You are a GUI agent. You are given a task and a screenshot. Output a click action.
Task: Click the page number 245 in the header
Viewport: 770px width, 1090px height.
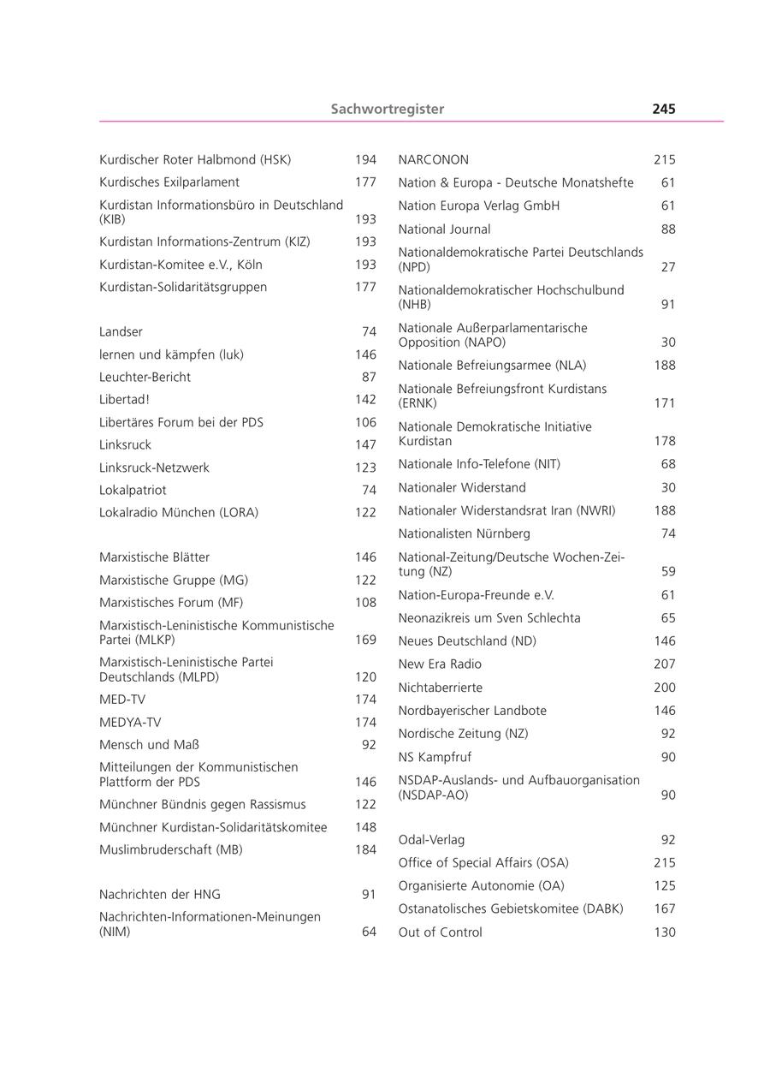(x=663, y=109)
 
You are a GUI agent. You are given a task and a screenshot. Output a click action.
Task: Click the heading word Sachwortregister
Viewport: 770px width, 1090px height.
(x=388, y=109)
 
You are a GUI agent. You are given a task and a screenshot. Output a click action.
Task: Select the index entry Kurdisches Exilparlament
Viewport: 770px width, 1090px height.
(x=169, y=182)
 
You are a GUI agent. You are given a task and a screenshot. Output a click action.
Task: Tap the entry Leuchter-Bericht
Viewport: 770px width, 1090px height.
(x=145, y=377)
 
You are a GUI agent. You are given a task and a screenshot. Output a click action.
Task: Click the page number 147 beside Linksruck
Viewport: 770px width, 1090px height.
(x=365, y=445)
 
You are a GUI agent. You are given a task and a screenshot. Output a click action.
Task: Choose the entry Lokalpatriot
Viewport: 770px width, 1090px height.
(x=133, y=491)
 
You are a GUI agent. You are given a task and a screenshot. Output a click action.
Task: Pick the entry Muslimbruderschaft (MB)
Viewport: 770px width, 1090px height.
(x=170, y=850)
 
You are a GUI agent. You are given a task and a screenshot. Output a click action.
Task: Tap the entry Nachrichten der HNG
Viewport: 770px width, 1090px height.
(x=159, y=895)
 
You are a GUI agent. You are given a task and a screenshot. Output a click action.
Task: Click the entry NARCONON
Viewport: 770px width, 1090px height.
(x=433, y=160)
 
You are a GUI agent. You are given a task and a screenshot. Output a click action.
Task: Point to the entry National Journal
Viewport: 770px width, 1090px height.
(x=444, y=229)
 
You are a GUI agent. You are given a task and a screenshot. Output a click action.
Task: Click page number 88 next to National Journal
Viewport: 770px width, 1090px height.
(x=668, y=229)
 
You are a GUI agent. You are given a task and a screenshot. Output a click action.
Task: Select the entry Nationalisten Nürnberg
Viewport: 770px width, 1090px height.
(x=464, y=534)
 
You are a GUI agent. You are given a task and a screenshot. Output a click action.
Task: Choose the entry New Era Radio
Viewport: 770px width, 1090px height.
(x=440, y=664)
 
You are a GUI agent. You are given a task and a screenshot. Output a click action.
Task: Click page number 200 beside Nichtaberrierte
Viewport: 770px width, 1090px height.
(x=665, y=688)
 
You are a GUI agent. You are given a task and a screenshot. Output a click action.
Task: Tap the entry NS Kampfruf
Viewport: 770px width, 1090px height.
(x=435, y=758)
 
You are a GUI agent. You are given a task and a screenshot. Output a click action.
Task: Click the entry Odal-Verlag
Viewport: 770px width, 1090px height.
(x=431, y=840)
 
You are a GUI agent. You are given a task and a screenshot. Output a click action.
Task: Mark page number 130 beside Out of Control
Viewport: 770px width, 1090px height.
(x=665, y=932)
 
